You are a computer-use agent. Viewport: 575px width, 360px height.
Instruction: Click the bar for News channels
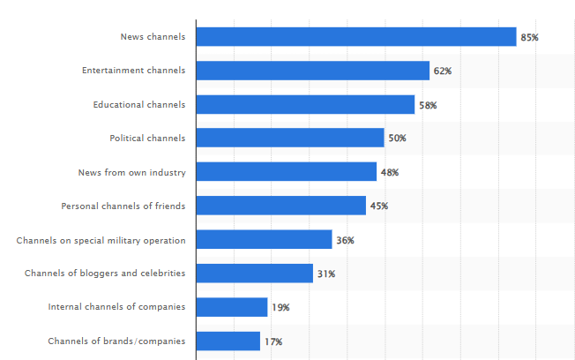pyautogui.click(x=355, y=36)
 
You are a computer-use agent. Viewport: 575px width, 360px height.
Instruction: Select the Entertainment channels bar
pyautogui.click(x=312, y=71)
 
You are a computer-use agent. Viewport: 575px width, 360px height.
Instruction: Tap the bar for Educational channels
pyautogui.click(x=305, y=104)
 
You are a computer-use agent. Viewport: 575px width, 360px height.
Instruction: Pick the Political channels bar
pyautogui.click(x=290, y=138)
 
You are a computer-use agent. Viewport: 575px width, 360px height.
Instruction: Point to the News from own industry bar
pyautogui.click(x=286, y=172)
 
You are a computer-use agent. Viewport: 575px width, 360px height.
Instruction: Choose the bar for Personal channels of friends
pyautogui.click(x=280, y=206)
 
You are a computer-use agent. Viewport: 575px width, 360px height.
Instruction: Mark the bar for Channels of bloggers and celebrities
pyautogui.click(x=254, y=274)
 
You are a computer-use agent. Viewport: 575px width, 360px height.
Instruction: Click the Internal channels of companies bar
pyautogui.click(x=231, y=307)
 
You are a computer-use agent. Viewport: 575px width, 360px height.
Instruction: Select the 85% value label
pyautogui.click(x=529, y=37)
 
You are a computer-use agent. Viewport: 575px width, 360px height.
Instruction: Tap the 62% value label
pyautogui.click(x=442, y=71)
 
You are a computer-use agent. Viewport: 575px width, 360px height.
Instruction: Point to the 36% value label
pyautogui.click(x=345, y=240)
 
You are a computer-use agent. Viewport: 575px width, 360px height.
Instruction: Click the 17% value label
pyautogui.click(x=273, y=341)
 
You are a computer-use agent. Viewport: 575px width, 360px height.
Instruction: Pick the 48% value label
pyautogui.click(x=389, y=173)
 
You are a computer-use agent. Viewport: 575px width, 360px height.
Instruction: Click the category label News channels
pyautogui.click(x=153, y=36)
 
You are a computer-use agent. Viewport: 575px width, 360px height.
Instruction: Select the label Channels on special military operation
pyautogui.click(x=101, y=240)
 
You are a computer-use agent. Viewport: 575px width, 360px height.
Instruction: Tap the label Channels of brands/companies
pyautogui.click(x=116, y=341)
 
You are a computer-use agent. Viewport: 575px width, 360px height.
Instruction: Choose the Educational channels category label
pyautogui.click(x=139, y=104)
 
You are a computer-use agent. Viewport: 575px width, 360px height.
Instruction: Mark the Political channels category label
pyautogui.click(x=147, y=138)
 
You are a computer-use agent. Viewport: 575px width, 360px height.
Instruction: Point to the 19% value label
pyautogui.click(x=280, y=308)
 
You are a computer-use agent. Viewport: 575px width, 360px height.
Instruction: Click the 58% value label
pyautogui.click(x=428, y=105)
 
